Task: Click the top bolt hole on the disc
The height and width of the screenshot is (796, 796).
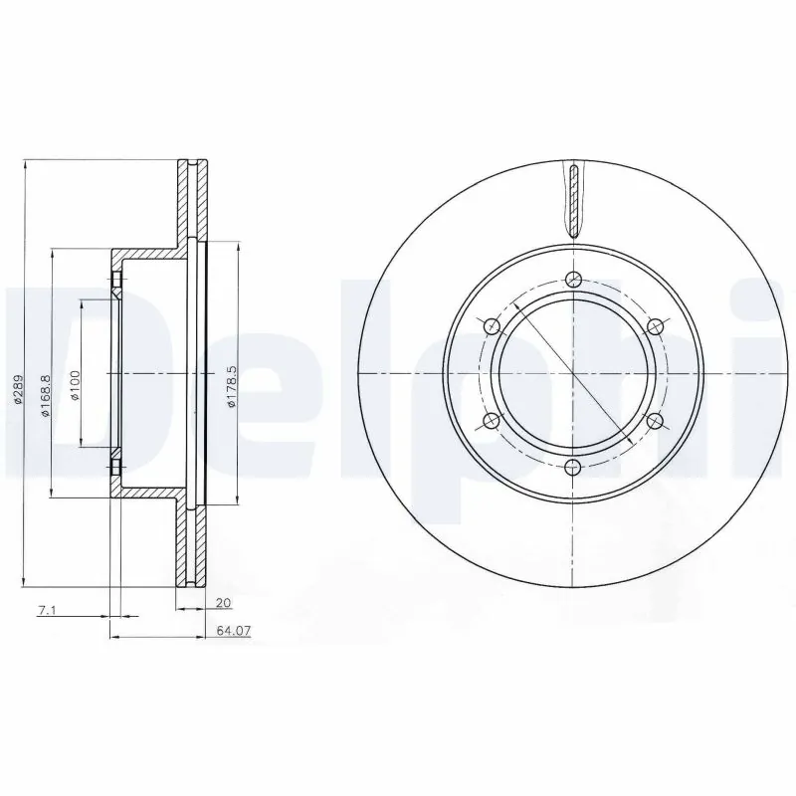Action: (573, 280)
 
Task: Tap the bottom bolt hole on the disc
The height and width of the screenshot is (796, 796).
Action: (573, 467)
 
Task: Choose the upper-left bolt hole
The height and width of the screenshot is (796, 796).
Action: (492, 326)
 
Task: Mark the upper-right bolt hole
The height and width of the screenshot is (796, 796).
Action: (655, 326)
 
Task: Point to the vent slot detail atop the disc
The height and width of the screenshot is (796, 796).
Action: (574, 197)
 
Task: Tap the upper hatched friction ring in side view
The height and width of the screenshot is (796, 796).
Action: (194, 199)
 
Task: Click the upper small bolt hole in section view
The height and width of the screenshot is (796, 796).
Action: (117, 284)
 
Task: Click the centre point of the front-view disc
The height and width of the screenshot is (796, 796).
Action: (573, 373)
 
